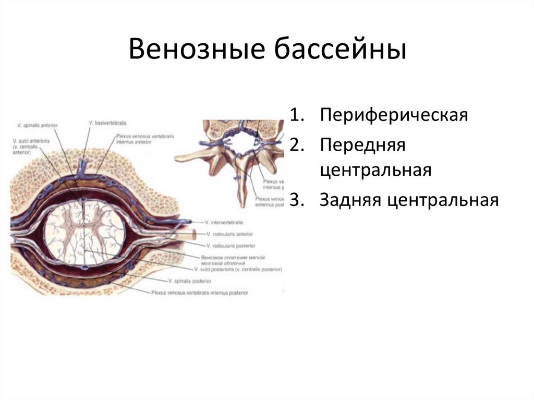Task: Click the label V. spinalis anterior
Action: click(37, 125)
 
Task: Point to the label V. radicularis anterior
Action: click(229, 234)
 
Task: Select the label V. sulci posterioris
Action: click(237, 270)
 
